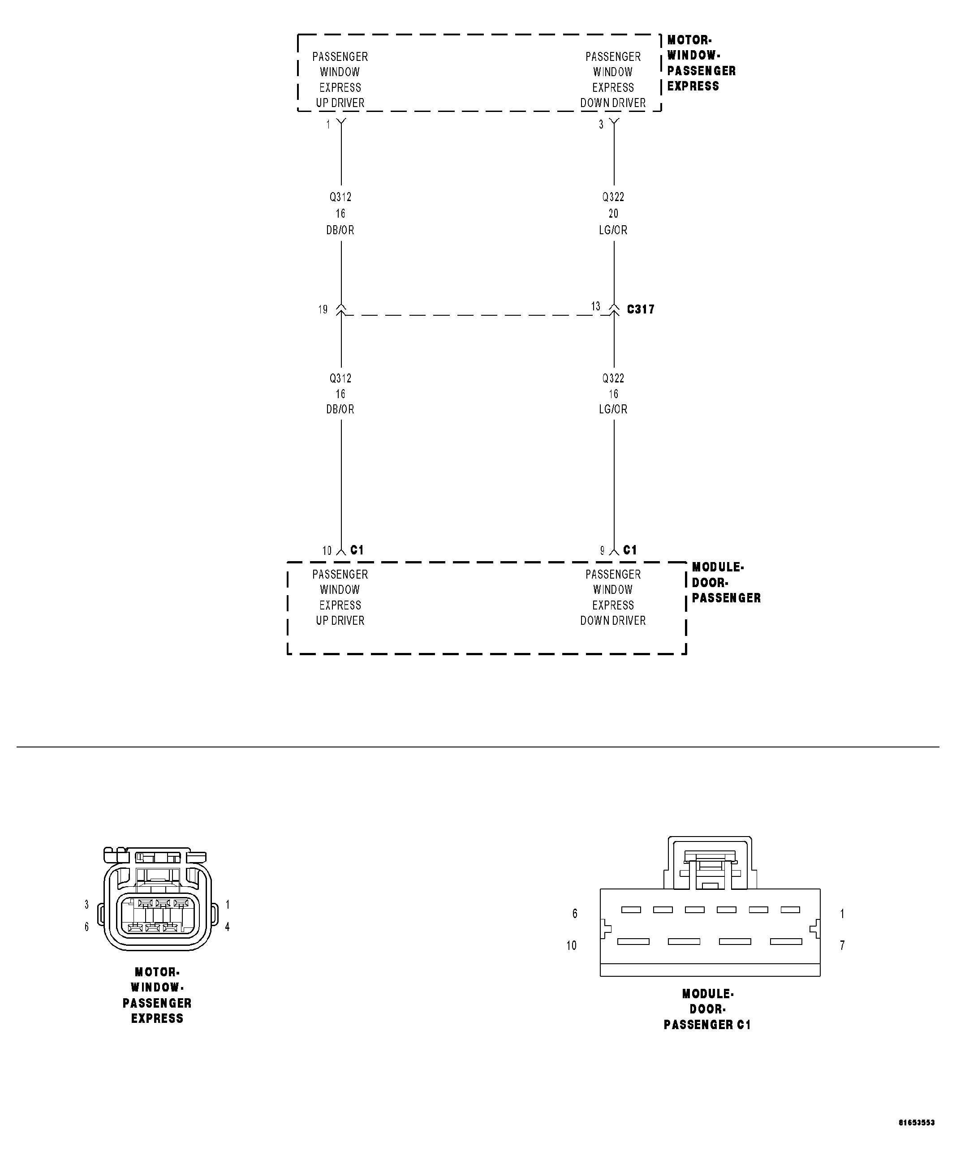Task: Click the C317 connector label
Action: [641, 309]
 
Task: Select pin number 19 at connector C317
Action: [323, 309]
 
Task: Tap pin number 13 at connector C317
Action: [596, 306]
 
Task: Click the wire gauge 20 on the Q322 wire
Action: [613, 214]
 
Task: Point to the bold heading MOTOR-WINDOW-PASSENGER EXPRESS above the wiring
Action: [701, 63]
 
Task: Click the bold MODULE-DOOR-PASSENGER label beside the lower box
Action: [726, 583]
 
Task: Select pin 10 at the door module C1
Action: [327, 550]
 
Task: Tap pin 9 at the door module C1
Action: [602, 550]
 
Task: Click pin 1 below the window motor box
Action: [328, 125]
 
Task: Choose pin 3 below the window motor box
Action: [601, 125]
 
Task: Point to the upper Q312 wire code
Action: [340, 197]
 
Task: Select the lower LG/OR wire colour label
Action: [613, 409]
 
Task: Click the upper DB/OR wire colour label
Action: [340, 230]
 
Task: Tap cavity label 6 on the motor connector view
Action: [86, 927]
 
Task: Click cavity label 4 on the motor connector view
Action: [228, 927]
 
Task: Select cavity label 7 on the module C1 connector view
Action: [842, 945]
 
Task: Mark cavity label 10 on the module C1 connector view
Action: [572, 945]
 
